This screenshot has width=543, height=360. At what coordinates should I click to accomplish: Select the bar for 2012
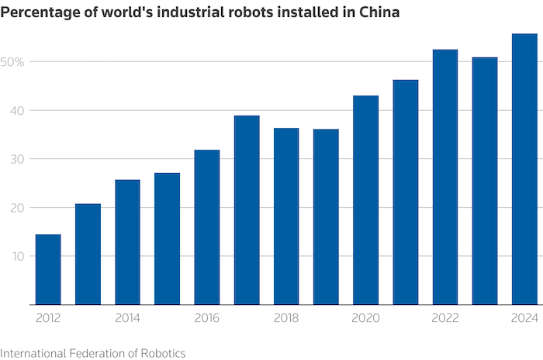click(x=48, y=269)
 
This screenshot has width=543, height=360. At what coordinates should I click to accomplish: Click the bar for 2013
click(x=88, y=254)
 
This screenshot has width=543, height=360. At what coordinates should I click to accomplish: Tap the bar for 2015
click(x=167, y=238)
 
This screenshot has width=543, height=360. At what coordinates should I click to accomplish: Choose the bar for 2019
click(x=326, y=216)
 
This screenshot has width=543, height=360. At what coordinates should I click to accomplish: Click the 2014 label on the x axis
click(x=127, y=318)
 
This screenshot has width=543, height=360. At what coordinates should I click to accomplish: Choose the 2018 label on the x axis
click(x=286, y=318)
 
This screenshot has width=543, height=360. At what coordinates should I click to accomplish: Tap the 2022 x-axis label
click(x=444, y=318)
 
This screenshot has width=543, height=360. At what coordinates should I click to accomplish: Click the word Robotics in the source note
click(x=162, y=352)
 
